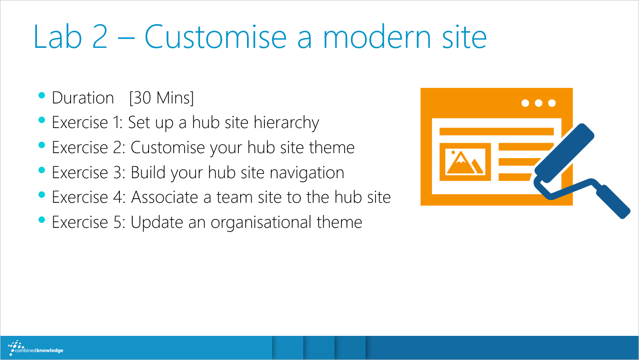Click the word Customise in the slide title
click(216, 37)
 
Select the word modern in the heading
click(376, 37)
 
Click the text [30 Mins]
click(161, 98)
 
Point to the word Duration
click(83, 98)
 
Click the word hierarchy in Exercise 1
click(286, 123)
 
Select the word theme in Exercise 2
click(331, 148)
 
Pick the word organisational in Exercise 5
click(261, 222)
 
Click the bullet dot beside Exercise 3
click(41, 170)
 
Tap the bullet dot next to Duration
click(41, 95)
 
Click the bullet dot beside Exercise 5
click(41, 220)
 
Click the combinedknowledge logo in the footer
click(36, 348)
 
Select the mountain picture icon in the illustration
click(465, 162)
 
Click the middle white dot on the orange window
click(539, 103)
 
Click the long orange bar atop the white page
click(496, 132)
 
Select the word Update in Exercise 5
click(157, 222)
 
